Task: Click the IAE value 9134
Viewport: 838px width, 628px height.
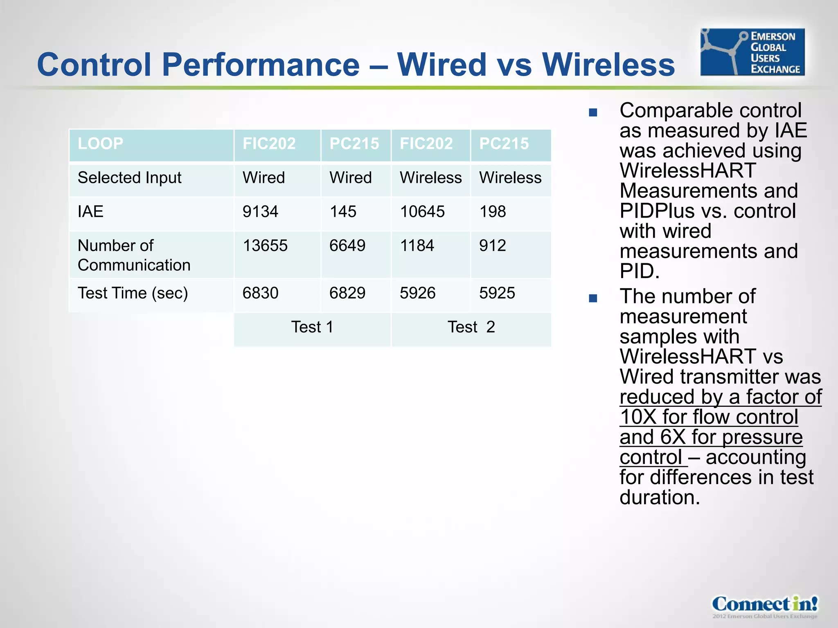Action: pos(260,212)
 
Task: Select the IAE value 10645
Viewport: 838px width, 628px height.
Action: pos(422,212)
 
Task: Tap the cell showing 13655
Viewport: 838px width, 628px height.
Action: pos(265,246)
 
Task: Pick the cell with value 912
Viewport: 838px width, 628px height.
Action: pos(493,246)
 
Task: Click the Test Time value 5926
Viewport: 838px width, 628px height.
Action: pos(417,293)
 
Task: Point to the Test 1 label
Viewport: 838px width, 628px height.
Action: pos(312,327)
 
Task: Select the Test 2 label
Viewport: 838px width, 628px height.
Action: pos(471,327)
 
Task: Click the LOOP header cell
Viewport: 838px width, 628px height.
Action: pos(101,144)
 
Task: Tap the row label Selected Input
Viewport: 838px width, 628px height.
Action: pos(129,178)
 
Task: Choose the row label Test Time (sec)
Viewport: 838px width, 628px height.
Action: pos(133,293)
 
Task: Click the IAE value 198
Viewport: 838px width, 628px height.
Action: pos(493,212)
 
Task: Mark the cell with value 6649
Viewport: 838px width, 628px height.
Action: pos(347,246)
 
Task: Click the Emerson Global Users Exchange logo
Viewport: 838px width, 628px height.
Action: pos(752,52)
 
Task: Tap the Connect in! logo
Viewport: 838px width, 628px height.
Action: pos(764,605)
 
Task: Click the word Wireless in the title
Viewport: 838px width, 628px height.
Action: pos(608,65)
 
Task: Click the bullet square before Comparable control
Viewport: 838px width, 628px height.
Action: pos(593,112)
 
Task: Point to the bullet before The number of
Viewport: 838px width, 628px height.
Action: pos(593,298)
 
